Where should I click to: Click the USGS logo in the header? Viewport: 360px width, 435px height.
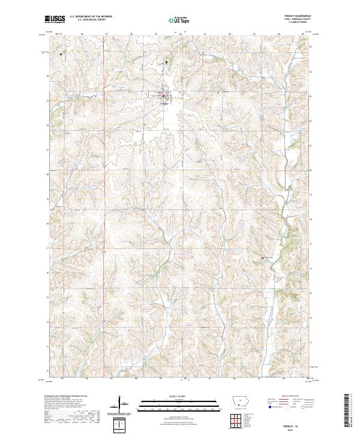(x=55, y=20)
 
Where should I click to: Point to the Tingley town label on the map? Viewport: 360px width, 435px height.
(x=164, y=101)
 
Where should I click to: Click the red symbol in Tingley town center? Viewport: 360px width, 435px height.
(x=163, y=95)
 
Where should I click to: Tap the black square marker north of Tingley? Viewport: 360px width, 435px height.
(x=167, y=62)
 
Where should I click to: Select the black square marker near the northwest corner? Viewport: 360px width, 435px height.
(x=62, y=55)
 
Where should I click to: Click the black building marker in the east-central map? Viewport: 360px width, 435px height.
(x=262, y=258)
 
